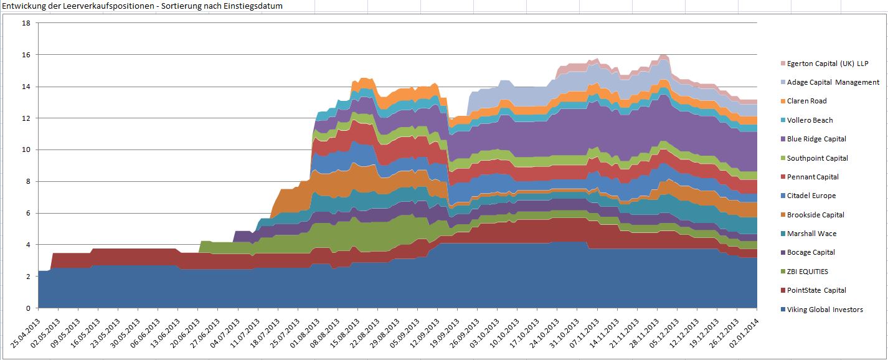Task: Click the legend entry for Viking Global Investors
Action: [x=824, y=310]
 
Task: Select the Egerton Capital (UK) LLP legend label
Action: [x=827, y=64]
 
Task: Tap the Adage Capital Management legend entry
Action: [x=833, y=82]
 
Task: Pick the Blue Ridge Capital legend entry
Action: [x=816, y=139]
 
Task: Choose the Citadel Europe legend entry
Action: [x=811, y=196]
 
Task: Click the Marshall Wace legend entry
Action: [x=811, y=234]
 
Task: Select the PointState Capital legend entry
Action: [x=816, y=290]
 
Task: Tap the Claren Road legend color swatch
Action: [x=782, y=101]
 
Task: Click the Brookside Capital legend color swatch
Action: [x=782, y=215]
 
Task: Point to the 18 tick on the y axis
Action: [x=26, y=23]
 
